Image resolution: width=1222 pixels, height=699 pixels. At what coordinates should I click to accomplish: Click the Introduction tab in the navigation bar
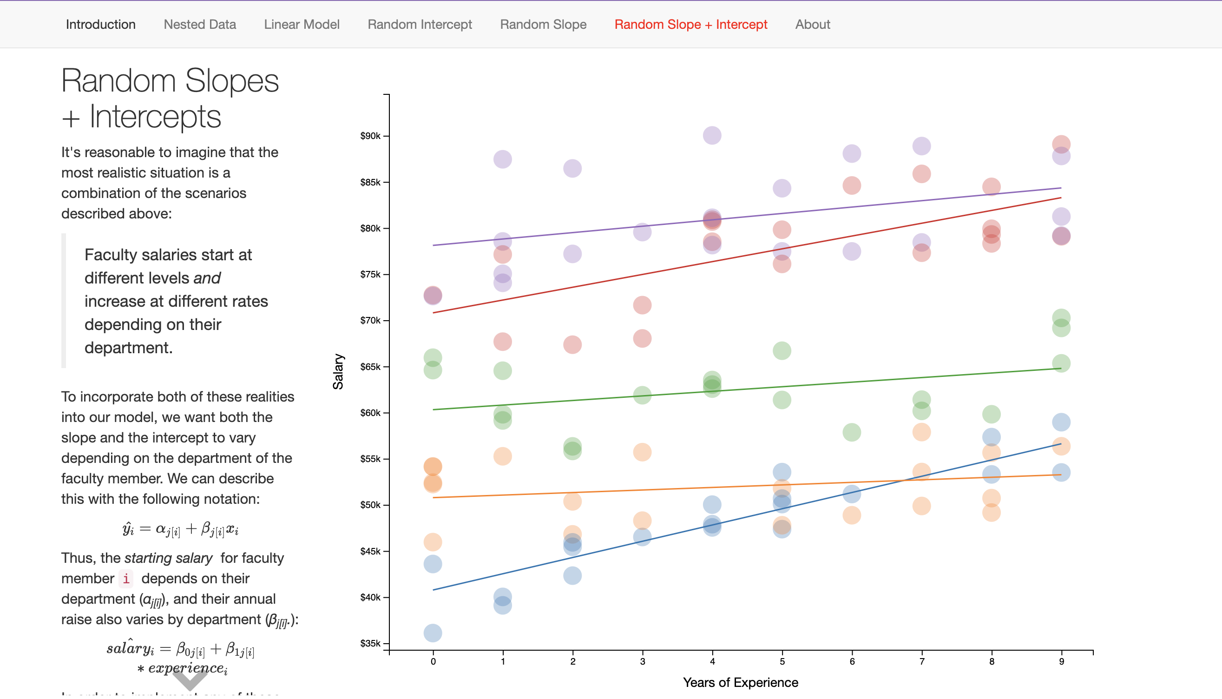[x=101, y=25]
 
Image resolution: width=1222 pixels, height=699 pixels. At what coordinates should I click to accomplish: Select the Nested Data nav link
[x=200, y=25]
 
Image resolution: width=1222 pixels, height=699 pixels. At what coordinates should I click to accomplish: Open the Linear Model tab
[x=302, y=25]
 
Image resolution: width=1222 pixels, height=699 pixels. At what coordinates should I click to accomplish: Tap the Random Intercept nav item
[x=420, y=25]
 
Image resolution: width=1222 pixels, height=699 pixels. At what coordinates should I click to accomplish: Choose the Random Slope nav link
[x=543, y=25]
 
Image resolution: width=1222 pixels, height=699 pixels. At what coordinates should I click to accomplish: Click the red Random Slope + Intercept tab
[x=690, y=25]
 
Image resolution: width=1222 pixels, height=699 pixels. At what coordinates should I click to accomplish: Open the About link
[x=812, y=25]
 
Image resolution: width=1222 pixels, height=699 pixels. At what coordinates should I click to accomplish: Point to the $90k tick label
[x=370, y=136]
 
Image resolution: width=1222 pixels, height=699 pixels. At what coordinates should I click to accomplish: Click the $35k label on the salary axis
[x=370, y=643]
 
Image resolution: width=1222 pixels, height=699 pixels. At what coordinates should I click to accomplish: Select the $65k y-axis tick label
[x=370, y=367]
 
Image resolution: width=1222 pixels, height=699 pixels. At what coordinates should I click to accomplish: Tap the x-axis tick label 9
[x=1061, y=661]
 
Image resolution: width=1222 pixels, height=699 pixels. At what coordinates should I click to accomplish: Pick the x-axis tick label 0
[x=433, y=661]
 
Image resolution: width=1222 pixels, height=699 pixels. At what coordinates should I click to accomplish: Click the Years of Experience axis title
[x=740, y=682]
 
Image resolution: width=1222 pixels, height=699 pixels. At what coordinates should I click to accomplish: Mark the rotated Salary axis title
[x=338, y=372]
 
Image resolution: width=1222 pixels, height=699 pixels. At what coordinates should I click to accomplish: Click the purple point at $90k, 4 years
[x=712, y=135]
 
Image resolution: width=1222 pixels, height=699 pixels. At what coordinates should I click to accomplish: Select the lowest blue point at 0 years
[x=433, y=633]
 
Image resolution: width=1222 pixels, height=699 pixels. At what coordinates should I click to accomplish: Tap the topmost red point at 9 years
[x=1061, y=144]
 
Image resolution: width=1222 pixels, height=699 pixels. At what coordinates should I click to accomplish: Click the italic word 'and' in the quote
[x=207, y=278]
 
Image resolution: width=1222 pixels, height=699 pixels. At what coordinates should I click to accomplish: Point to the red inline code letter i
[x=126, y=579]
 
